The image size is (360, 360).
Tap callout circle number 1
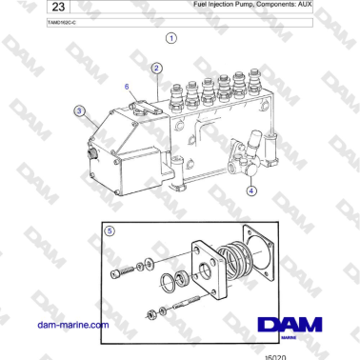tap(170, 39)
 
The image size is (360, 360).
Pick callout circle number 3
tap(79, 112)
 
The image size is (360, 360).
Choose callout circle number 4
tap(251, 190)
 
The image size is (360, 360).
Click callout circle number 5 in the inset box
tap(110, 230)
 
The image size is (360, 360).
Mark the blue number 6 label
tap(127, 87)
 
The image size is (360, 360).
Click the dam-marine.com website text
tap(72, 326)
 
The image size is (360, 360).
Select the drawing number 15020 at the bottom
tap(275, 354)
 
